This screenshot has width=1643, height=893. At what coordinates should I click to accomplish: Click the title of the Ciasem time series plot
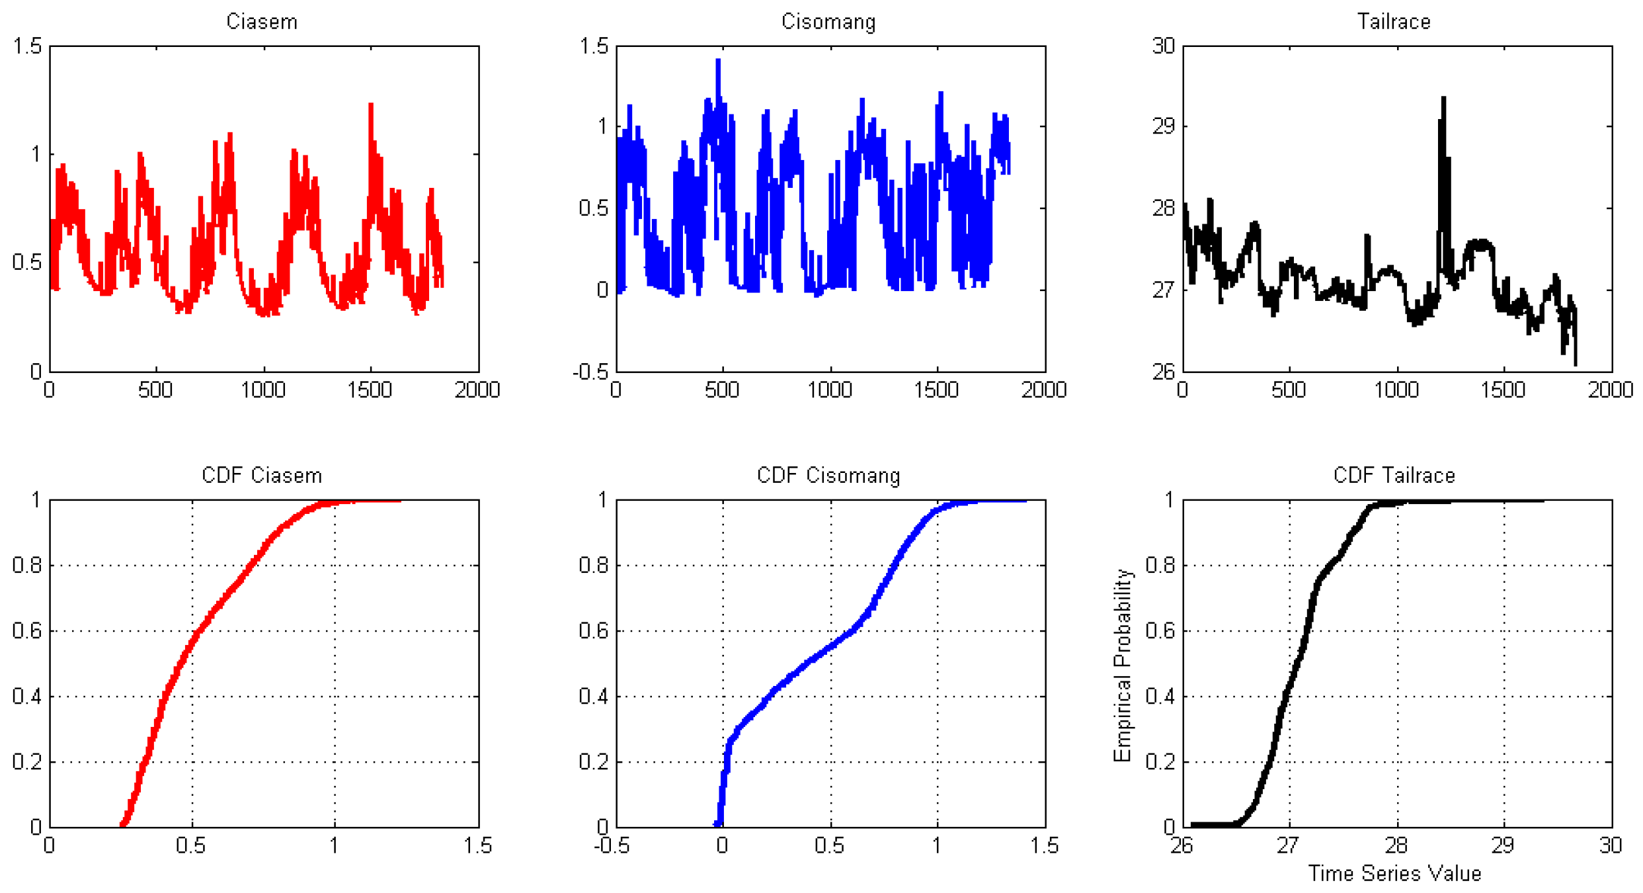(262, 22)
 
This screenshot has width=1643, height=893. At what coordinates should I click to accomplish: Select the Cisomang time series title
(828, 22)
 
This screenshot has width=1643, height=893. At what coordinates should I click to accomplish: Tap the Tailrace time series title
(1394, 22)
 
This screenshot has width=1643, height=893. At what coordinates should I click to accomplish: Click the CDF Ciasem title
(262, 476)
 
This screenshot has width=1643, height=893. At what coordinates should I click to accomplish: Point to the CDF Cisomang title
(828, 476)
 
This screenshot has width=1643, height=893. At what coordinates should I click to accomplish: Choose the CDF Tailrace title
(1394, 476)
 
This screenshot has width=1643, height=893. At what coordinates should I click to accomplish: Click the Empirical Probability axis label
(1123, 665)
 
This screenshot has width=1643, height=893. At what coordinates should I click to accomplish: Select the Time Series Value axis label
(1394, 874)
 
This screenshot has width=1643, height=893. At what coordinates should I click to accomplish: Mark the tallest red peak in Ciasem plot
(371, 106)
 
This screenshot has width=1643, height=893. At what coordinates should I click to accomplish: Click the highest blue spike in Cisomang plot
(718, 62)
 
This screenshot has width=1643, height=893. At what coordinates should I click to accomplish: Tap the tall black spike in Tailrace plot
(1443, 99)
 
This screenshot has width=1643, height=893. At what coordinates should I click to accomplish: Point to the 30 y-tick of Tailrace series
(1164, 46)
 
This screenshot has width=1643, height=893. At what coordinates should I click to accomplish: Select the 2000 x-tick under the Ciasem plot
(477, 390)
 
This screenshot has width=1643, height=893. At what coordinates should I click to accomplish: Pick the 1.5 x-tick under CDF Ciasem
(477, 846)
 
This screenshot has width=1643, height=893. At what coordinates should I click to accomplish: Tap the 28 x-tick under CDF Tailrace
(1396, 846)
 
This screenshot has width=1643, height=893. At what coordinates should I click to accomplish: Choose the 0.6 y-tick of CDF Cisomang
(593, 631)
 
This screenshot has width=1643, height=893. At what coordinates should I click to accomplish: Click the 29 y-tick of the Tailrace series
(1164, 126)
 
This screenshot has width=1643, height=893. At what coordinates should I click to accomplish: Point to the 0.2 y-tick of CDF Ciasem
(26, 762)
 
